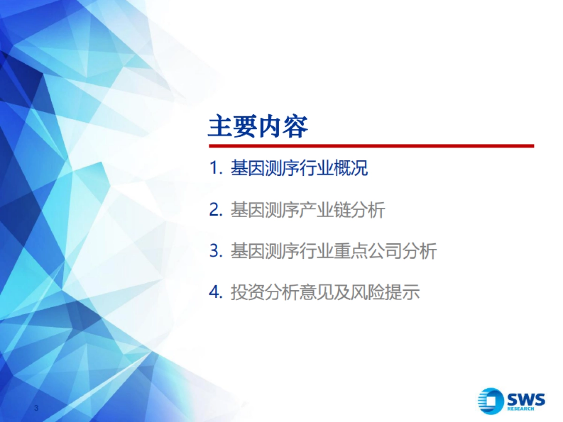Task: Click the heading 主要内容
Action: [258, 126]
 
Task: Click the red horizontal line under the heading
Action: [371, 146]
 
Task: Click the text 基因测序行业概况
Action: [299, 169]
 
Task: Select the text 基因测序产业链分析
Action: [307, 210]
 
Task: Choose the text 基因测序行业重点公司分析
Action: [333, 251]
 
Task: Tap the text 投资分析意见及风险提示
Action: [325, 293]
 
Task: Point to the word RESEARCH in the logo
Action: [520, 409]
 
